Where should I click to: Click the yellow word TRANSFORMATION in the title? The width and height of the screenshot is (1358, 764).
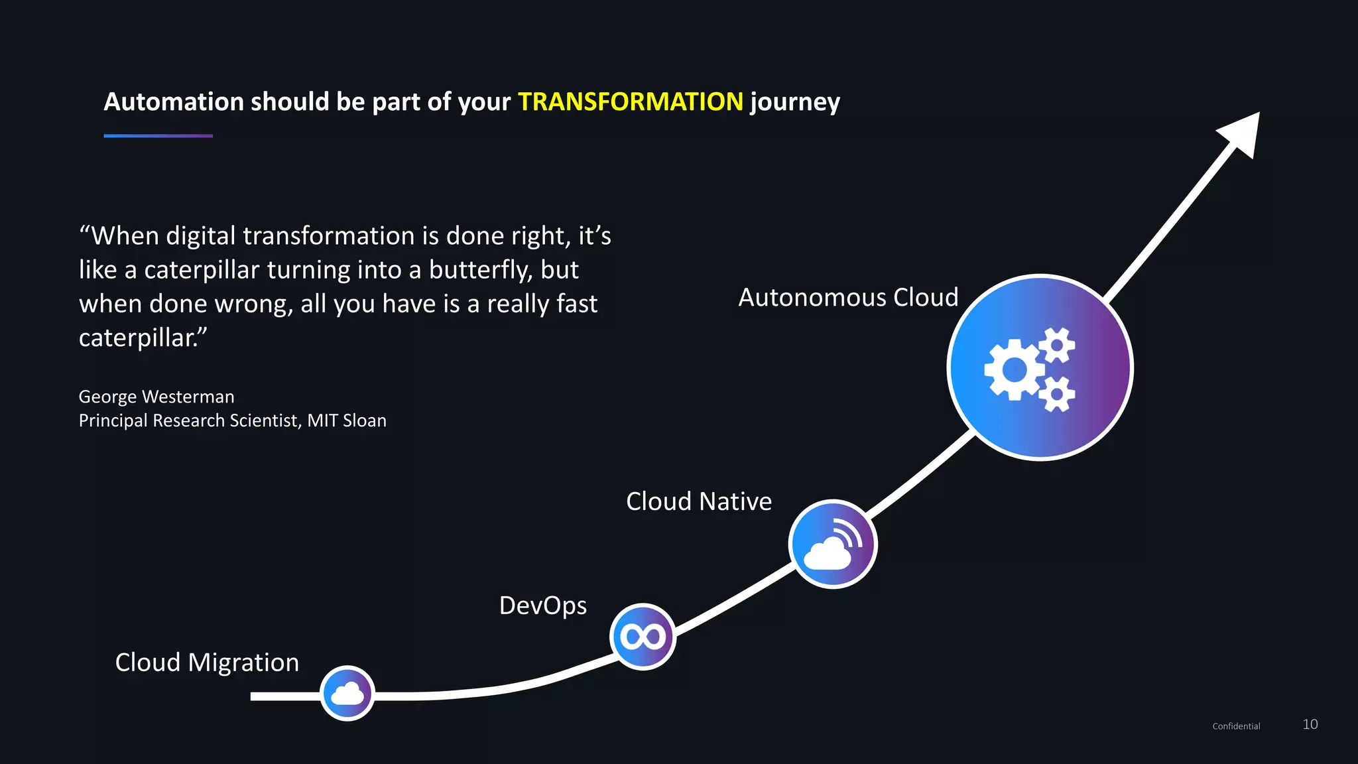point(630,102)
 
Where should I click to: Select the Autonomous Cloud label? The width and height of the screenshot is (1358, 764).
point(848,298)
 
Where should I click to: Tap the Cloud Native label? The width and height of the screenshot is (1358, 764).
point(699,501)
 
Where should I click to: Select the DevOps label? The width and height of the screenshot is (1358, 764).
point(542,605)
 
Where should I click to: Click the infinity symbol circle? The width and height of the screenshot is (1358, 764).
point(643,637)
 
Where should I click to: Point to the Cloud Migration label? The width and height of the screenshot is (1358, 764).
point(207,663)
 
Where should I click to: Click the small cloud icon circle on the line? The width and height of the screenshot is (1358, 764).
point(347,694)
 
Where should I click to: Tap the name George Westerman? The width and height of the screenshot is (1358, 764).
point(156,397)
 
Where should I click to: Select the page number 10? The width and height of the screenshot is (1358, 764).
point(1310,724)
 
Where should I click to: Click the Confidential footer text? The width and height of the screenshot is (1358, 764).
point(1236,726)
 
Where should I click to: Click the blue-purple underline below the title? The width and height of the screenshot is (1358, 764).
point(158,136)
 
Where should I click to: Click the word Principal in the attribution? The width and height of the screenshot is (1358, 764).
point(113,420)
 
